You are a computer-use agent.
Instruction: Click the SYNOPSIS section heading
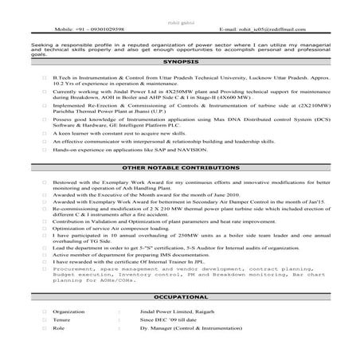coord(179,61)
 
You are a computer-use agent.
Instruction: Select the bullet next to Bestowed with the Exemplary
coord(45,183)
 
